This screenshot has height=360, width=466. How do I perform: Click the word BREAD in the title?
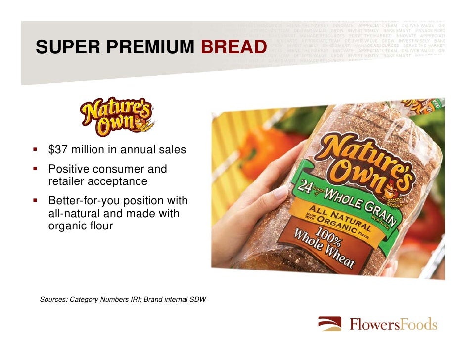(x=233, y=47)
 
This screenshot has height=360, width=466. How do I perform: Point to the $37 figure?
(x=58, y=149)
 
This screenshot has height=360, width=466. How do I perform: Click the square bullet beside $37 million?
(x=36, y=149)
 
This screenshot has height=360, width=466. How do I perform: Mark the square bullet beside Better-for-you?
(x=36, y=201)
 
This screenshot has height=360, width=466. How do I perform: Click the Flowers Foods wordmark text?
(x=393, y=325)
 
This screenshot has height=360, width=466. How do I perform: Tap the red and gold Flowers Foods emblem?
(x=329, y=324)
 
